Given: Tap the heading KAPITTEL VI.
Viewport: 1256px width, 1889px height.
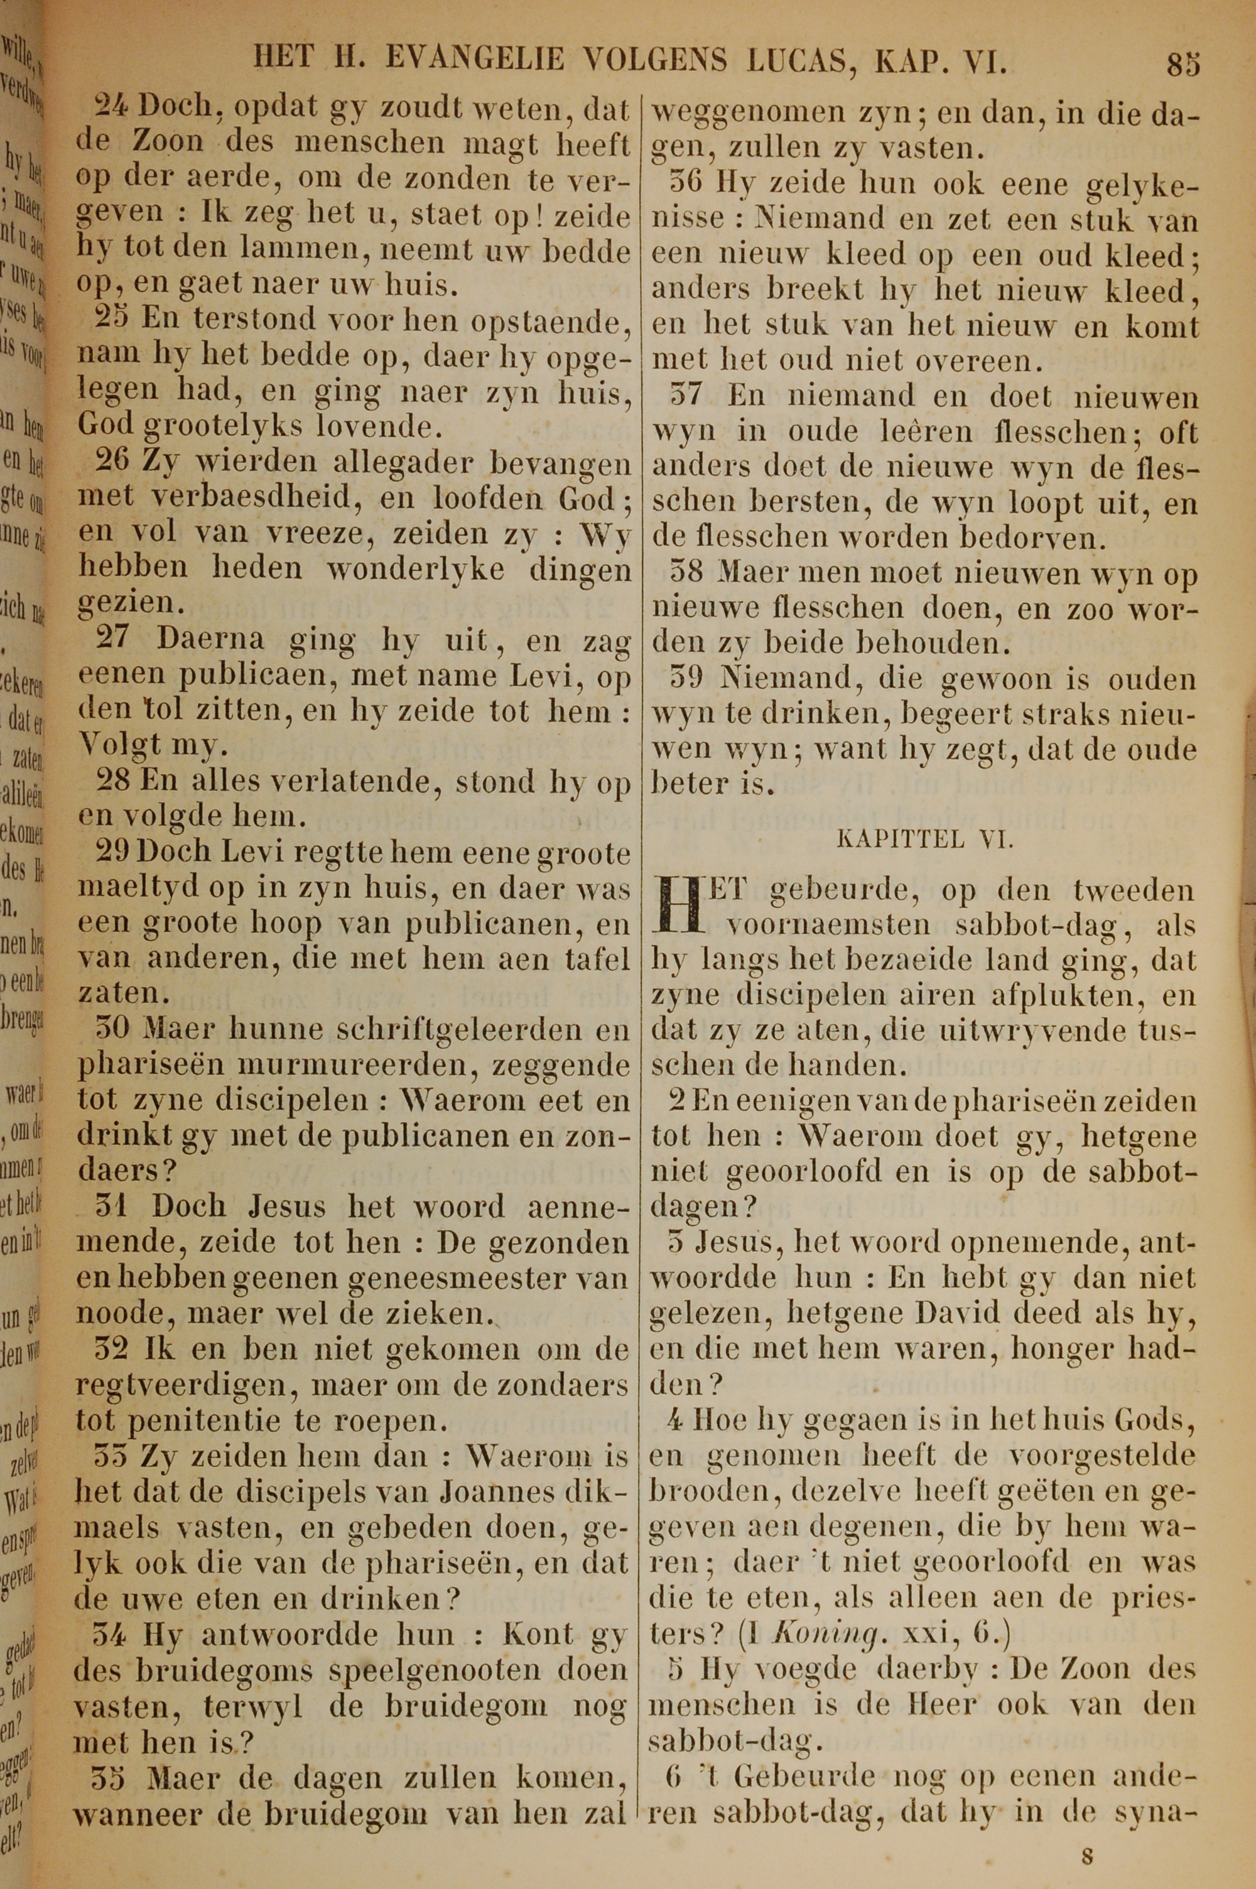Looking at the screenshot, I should pos(925,838).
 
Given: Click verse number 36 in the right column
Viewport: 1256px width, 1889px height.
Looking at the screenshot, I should pos(686,183).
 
